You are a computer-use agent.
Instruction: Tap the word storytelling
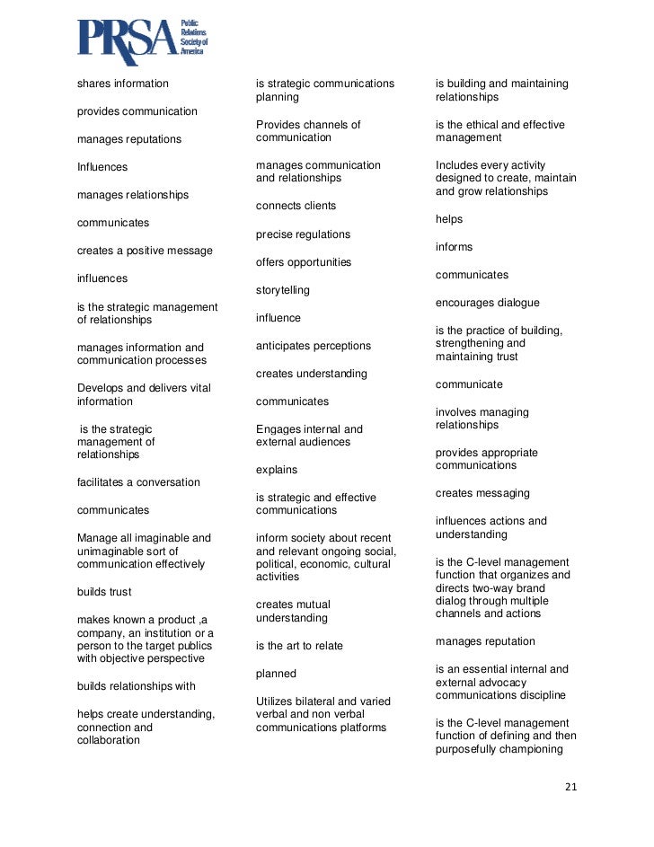tap(283, 290)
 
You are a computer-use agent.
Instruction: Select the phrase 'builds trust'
tap(104, 592)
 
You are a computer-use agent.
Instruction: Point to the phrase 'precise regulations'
tap(303, 234)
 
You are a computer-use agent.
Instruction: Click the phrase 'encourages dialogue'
tap(488, 303)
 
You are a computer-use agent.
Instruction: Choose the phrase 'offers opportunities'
tap(304, 262)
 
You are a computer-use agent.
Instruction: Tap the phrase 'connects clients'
tap(296, 206)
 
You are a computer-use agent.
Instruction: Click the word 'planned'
tap(276, 674)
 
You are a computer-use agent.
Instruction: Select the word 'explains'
tap(277, 470)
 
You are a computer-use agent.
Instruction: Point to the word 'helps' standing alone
tap(449, 219)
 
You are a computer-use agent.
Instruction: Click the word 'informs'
tap(454, 247)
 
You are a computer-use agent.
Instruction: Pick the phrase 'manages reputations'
tap(129, 139)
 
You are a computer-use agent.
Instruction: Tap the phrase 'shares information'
tap(123, 84)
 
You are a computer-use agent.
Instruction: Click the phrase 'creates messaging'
tap(482, 493)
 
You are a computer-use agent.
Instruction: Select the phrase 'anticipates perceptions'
tap(313, 346)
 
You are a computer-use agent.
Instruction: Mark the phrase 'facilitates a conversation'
tap(138, 482)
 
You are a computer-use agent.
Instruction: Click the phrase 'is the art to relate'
tap(299, 646)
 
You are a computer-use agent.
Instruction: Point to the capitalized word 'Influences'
tap(102, 167)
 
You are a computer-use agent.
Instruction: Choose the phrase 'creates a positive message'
tap(145, 251)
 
